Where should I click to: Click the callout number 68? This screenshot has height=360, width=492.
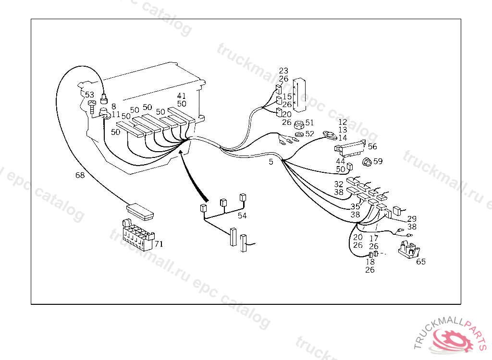point(80,176)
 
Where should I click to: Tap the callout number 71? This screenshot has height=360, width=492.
point(159,244)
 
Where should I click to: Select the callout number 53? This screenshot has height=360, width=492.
point(90,95)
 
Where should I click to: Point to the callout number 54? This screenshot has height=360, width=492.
point(242,216)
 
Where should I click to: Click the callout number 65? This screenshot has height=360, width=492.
point(421,262)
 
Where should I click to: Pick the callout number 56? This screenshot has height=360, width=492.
point(372,147)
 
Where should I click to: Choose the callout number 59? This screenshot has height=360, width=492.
point(378,161)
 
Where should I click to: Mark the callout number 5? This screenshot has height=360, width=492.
point(271,162)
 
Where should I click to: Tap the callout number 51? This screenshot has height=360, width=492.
point(309,123)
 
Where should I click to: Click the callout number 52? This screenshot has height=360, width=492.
point(309,133)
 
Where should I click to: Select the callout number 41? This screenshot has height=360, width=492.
point(181,96)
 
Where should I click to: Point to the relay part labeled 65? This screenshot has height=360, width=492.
point(408,251)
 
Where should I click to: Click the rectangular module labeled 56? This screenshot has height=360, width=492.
point(350,146)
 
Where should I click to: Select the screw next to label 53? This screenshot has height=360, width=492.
point(92,105)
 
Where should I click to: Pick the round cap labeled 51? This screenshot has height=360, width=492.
point(299,124)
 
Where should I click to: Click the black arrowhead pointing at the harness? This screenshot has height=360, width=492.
point(181,153)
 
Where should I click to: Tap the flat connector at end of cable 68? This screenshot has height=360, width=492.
point(139,210)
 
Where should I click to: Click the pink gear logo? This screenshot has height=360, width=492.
point(454,340)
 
